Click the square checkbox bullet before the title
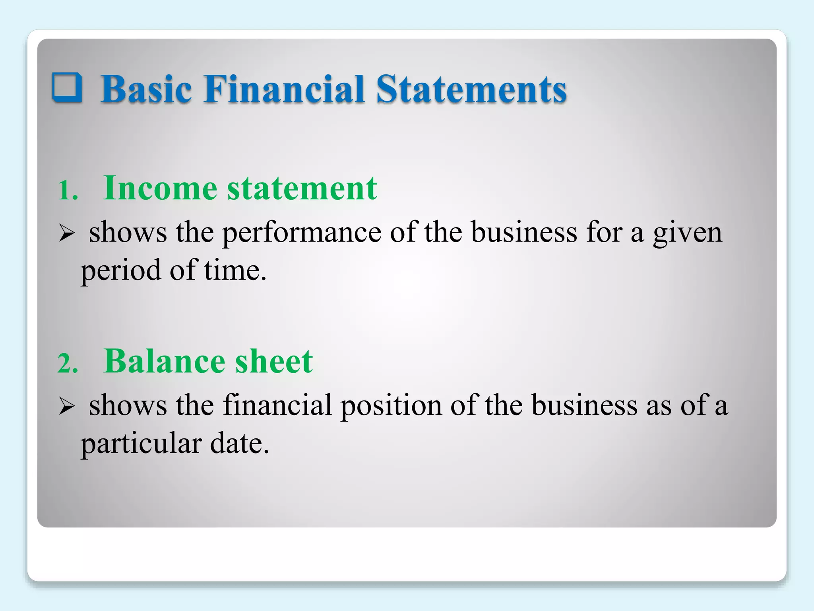point(67,88)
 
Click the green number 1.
point(68,190)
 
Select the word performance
point(301,232)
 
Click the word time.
point(235,270)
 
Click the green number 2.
point(68,363)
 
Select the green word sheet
point(274,361)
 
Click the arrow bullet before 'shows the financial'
point(67,406)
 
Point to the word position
point(391,406)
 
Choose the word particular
point(141,444)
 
